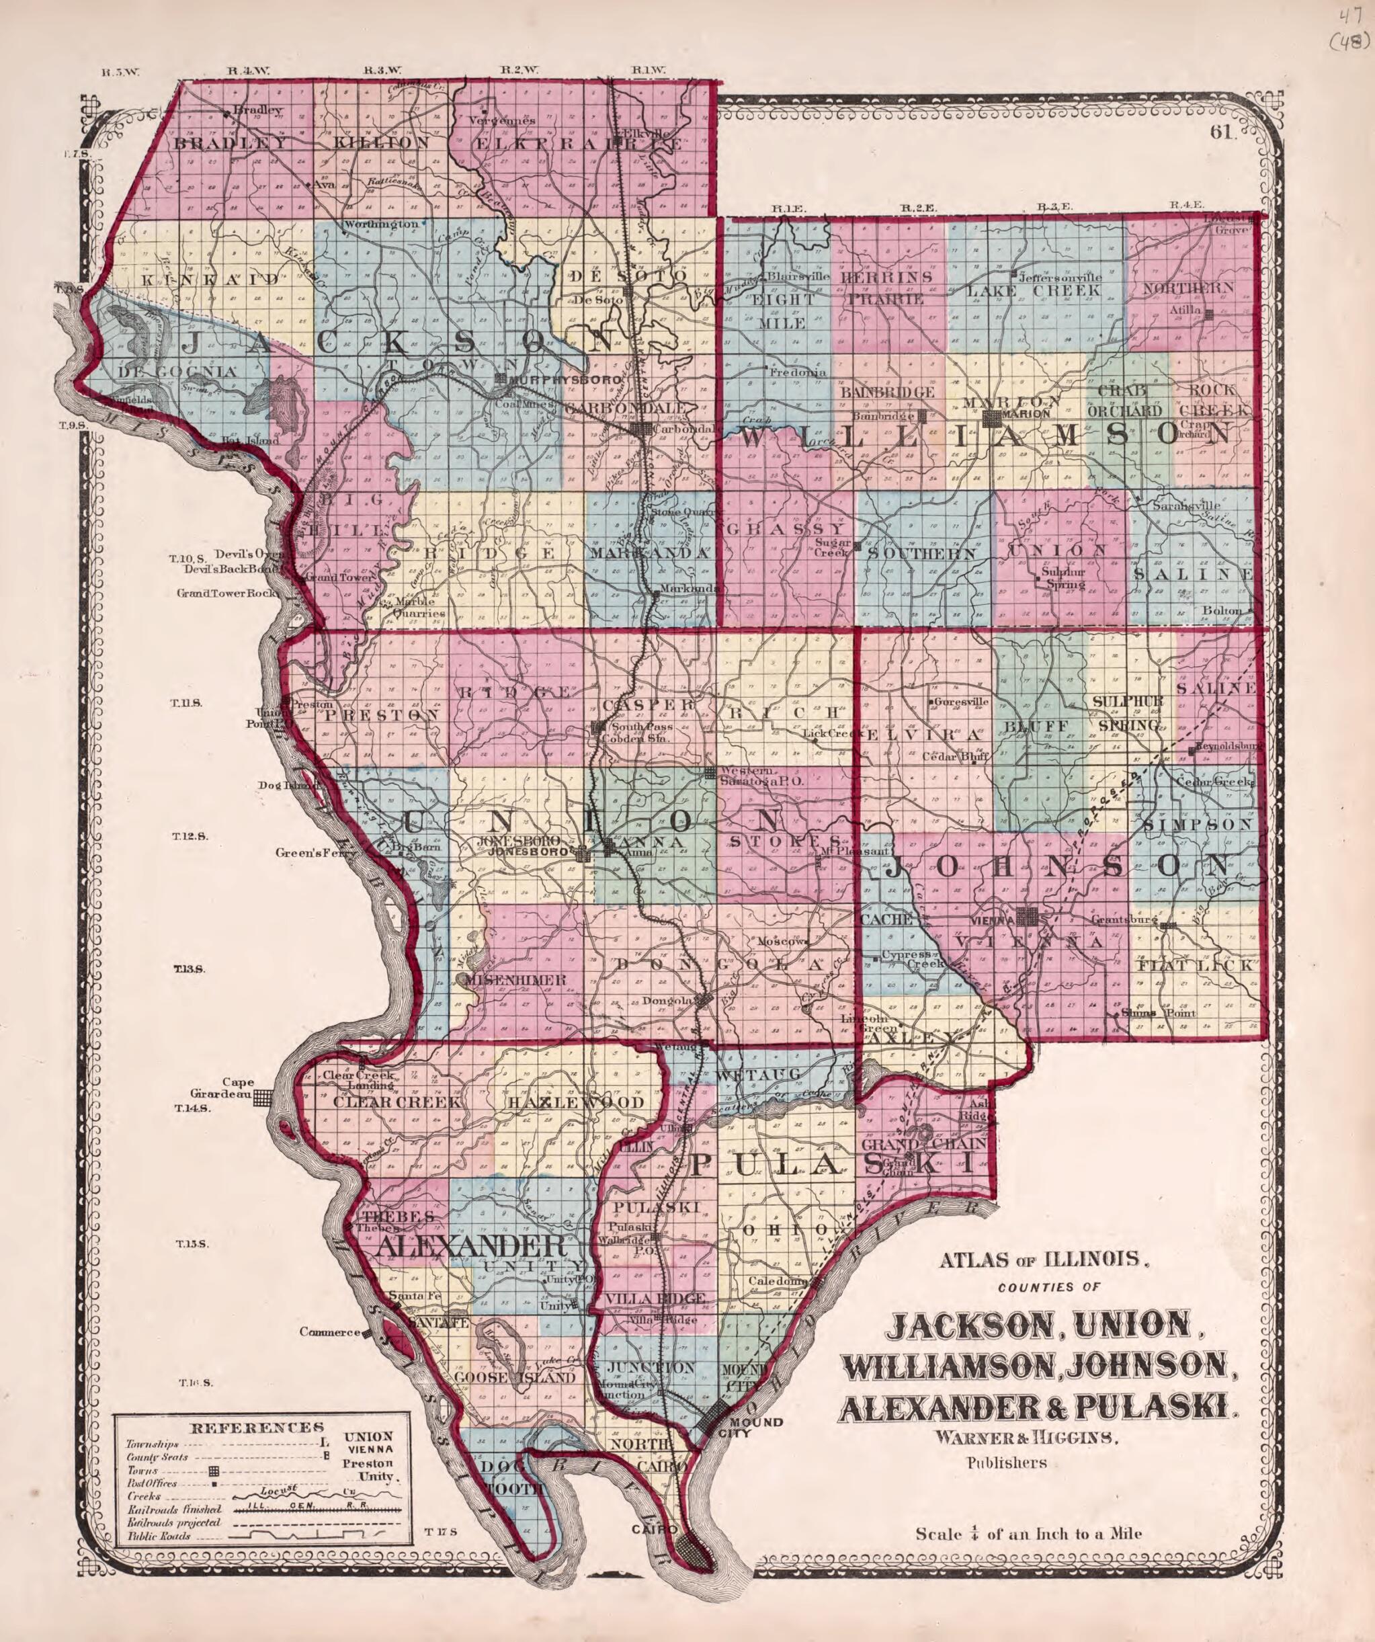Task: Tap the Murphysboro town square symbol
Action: pyautogui.click(x=501, y=379)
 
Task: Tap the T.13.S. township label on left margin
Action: pyautogui.click(x=188, y=970)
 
